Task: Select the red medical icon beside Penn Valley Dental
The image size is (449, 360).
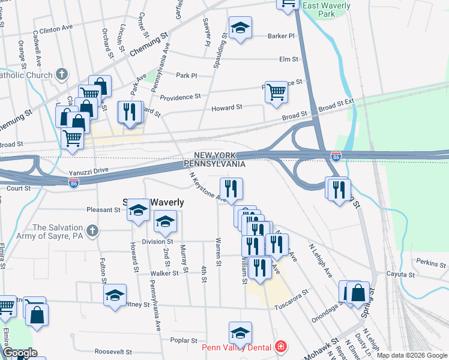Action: (x=280, y=347)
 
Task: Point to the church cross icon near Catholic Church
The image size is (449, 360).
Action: (x=61, y=74)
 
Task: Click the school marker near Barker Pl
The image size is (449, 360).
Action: (x=240, y=28)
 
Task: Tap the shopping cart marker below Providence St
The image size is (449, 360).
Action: (x=276, y=92)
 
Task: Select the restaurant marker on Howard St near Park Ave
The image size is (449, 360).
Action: (x=130, y=112)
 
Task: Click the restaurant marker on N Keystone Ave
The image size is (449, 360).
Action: (x=231, y=189)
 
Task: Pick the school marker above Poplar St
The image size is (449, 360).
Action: (x=240, y=333)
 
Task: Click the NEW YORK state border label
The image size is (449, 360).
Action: (x=219, y=155)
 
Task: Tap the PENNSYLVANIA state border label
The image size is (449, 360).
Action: (x=214, y=164)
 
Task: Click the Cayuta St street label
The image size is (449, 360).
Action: (x=402, y=274)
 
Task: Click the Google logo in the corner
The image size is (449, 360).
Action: (x=20, y=353)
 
